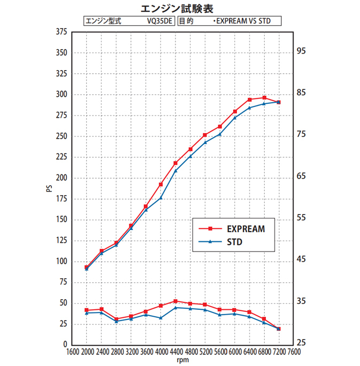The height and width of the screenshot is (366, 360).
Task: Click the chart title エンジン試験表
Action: pyautogui.click(x=180, y=9)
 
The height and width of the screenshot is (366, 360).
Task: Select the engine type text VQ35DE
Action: pyautogui.click(x=161, y=21)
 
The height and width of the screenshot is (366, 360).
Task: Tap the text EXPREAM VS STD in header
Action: pyautogui.click(x=242, y=21)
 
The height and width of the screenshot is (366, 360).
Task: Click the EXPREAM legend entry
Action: pyautogui.click(x=245, y=228)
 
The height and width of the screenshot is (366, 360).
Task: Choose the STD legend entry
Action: pyautogui.click(x=234, y=242)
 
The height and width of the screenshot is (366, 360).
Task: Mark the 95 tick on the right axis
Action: pyautogui.click(x=301, y=51)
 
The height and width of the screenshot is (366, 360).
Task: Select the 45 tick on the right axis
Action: pyautogui.click(x=301, y=260)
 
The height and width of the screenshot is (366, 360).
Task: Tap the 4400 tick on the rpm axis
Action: pyautogui.click(x=175, y=352)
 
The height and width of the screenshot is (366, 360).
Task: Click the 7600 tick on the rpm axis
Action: pyautogui.click(x=293, y=352)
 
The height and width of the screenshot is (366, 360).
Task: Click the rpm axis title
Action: pyautogui.click(x=182, y=360)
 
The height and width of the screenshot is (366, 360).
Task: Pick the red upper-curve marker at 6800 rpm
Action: pyautogui.click(x=264, y=97)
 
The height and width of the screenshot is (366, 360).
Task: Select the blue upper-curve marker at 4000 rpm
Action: pyautogui.click(x=160, y=198)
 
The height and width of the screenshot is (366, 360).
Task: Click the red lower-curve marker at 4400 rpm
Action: pyautogui.click(x=175, y=301)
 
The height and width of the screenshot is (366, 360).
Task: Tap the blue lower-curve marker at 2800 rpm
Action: pyautogui.click(x=116, y=322)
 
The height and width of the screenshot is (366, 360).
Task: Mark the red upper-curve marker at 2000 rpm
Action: pyautogui.click(x=87, y=267)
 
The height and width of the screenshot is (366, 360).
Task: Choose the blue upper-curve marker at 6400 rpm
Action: pyautogui.click(x=249, y=108)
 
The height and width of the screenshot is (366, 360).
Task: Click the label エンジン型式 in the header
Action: pyautogui.click(x=104, y=21)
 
